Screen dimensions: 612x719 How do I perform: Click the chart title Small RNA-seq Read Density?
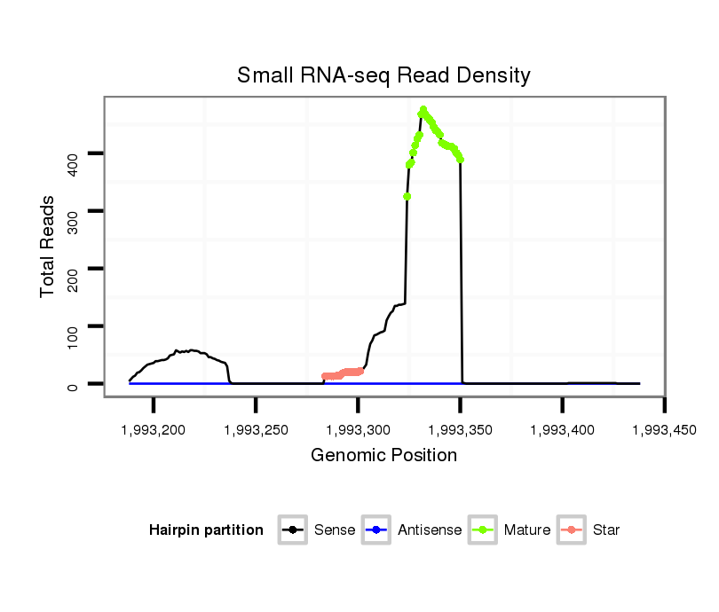point(383,75)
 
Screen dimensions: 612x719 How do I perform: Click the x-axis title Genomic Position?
point(383,456)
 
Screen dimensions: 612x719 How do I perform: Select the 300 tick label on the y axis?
point(74,211)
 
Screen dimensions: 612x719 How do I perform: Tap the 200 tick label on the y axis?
point(74,269)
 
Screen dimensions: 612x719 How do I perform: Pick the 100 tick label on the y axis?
point(74,327)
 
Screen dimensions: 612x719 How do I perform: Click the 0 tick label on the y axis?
point(74,384)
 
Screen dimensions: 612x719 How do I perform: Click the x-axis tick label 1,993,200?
point(154,430)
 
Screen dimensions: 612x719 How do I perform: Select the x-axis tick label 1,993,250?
point(256,430)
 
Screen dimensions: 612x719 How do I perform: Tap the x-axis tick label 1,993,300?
point(358,430)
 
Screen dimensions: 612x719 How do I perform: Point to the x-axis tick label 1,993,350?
point(460,430)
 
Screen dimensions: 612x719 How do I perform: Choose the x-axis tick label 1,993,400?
point(563,430)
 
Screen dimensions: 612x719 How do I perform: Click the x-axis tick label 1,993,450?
point(664,430)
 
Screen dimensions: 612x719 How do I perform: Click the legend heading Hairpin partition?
point(206,530)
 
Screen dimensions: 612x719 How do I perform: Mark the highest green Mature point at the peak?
point(423,109)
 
